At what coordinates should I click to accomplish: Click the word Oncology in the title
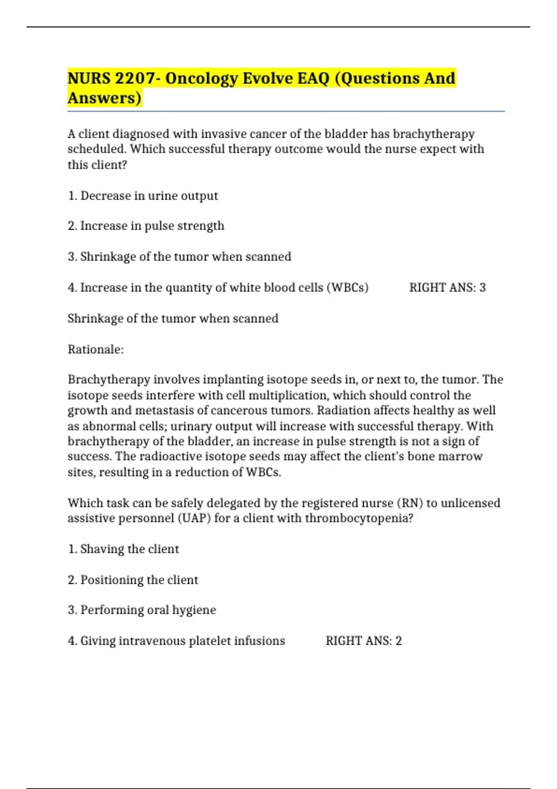tap(201, 78)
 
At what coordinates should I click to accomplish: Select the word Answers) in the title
tap(104, 98)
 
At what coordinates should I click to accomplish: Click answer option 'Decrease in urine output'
tap(143, 196)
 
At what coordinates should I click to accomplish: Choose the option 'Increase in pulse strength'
tap(146, 226)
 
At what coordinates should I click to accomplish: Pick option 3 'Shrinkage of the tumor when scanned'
tap(180, 257)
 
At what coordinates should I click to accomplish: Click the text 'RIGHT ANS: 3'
tap(447, 288)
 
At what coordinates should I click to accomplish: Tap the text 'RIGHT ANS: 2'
tap(364, 641)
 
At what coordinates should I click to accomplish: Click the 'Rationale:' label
tap(96, 349)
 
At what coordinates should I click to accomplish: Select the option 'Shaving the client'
tap(123, 549)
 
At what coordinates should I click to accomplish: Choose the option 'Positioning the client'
tap(133, 580)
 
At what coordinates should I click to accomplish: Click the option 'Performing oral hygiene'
tap(142, 610)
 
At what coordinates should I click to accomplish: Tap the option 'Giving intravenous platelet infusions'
tap(176, 641)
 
